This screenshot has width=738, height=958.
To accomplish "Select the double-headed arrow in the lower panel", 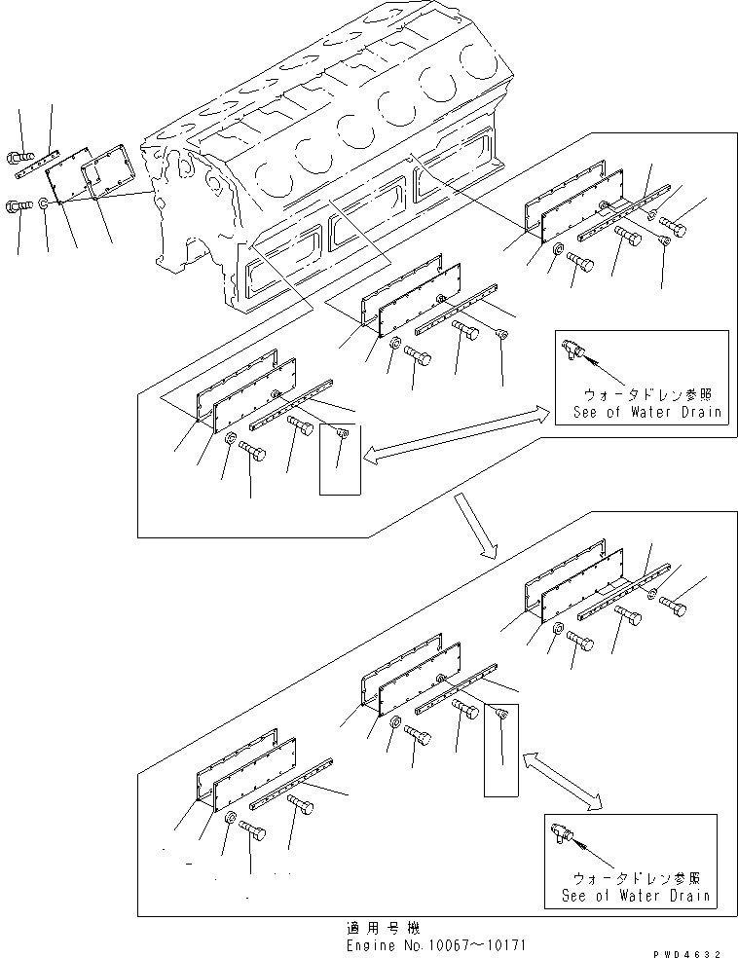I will coord(563,779).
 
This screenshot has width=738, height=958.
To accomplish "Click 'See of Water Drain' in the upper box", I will coord(638,412).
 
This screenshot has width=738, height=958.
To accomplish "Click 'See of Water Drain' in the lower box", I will coord(637,896).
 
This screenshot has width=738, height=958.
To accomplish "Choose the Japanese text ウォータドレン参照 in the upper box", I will coord(637,394).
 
